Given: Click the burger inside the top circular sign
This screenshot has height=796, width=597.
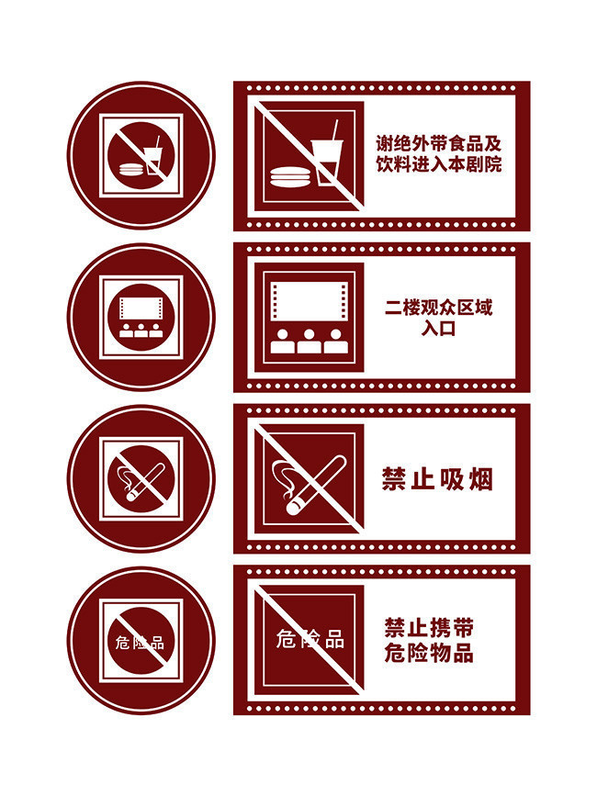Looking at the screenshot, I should (130, 168).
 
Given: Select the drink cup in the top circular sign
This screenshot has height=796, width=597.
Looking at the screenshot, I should (152, 157).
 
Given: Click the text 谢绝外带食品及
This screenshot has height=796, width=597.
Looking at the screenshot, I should (441, 144).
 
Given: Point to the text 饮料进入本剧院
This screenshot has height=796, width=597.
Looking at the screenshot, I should (441, 166).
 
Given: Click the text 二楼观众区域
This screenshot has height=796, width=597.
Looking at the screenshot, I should (438, 308).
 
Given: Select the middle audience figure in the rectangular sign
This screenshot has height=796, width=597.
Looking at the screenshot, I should (310, 342).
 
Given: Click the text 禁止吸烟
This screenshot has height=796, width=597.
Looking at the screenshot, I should (437, 479).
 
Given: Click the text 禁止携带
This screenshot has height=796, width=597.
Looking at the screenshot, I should (429, 629).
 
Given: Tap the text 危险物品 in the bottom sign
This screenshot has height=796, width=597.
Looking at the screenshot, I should (429, 654).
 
